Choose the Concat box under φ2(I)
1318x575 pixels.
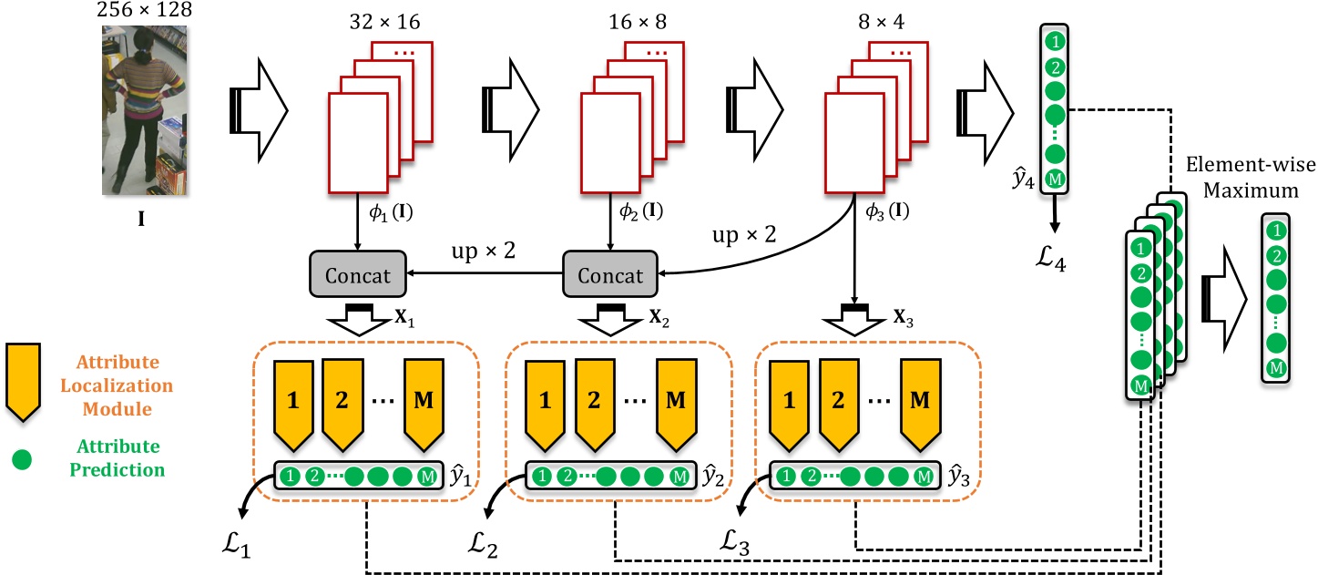608,275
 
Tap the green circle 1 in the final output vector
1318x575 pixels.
1277,231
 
